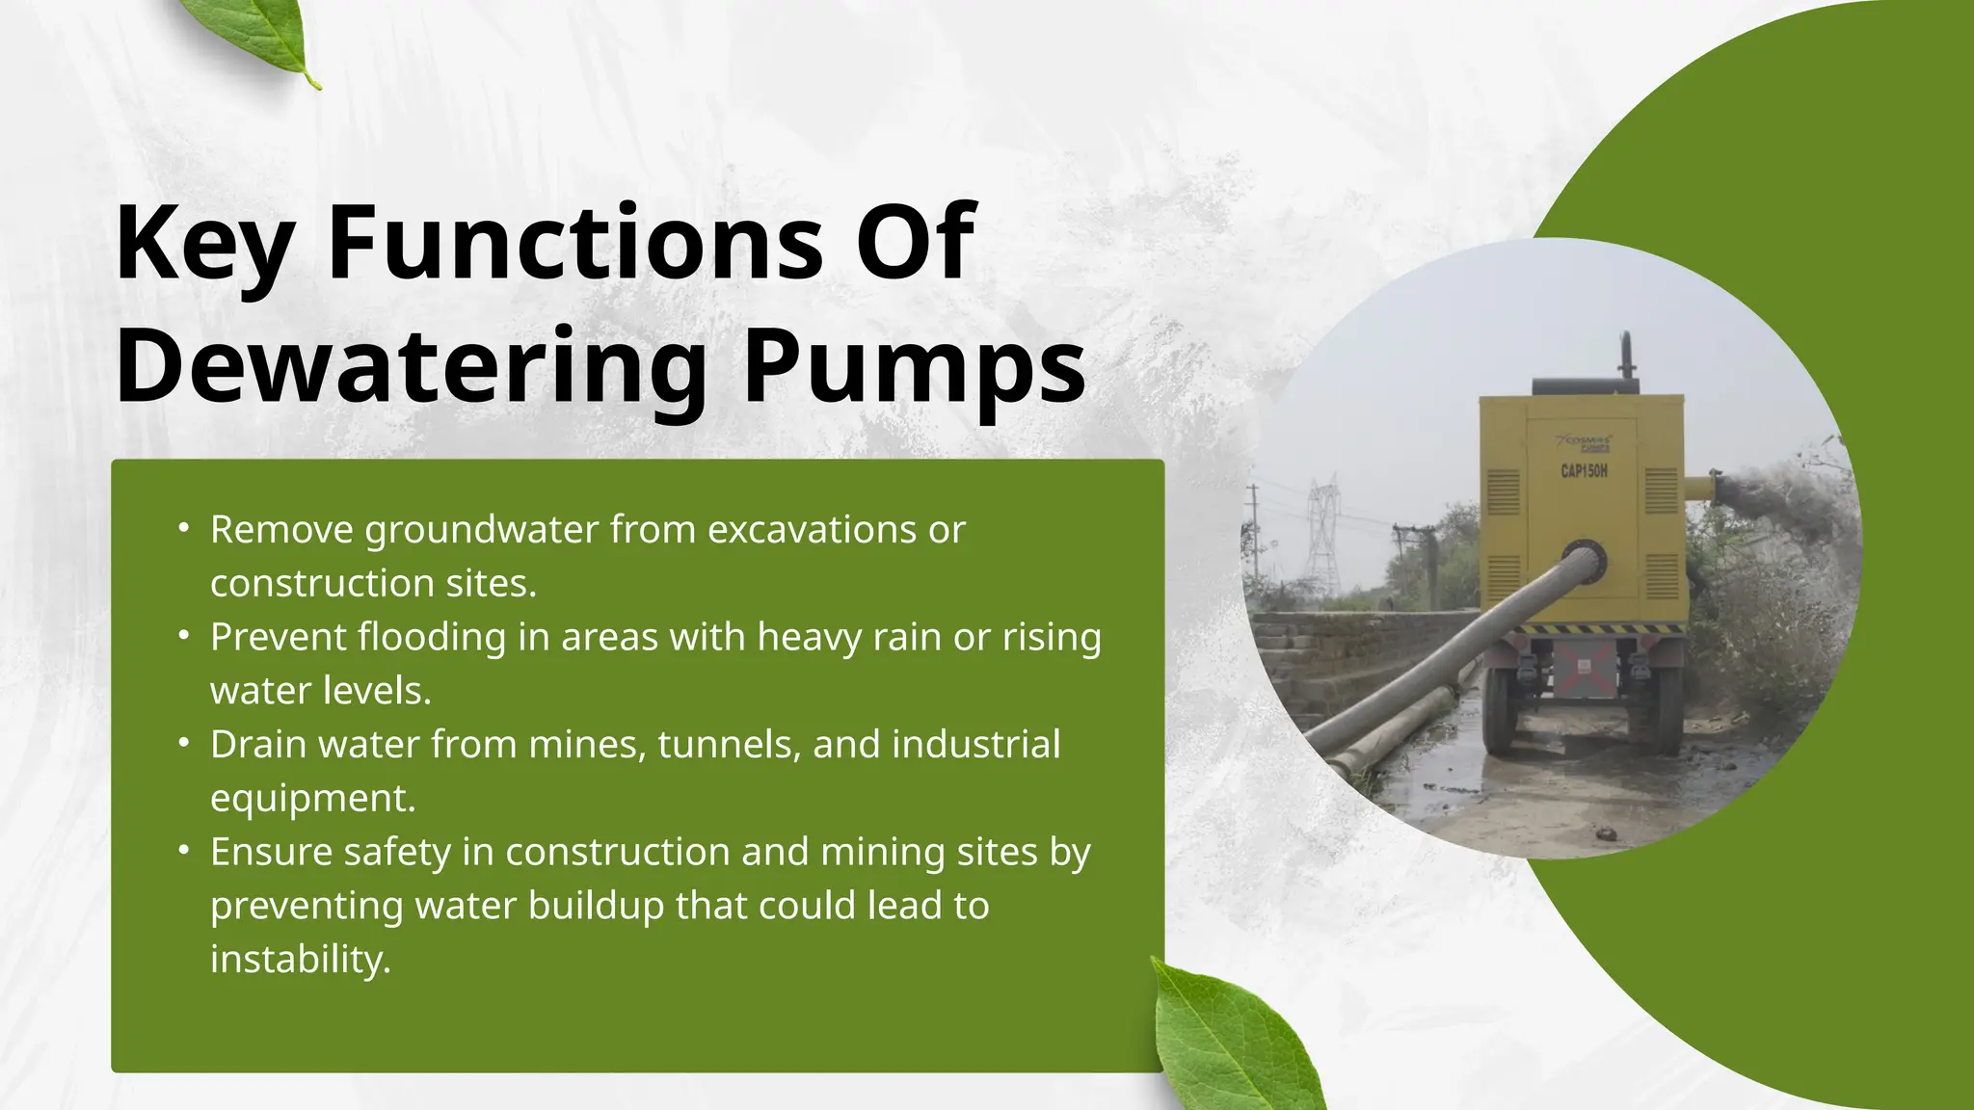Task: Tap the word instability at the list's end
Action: point(301,959)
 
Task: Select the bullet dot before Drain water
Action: point(183,744)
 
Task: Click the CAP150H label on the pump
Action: point(1584,471)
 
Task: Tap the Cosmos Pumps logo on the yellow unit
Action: point(1585,444)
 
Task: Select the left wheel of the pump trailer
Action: point(1502,713)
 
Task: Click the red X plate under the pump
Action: point(1583,665)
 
